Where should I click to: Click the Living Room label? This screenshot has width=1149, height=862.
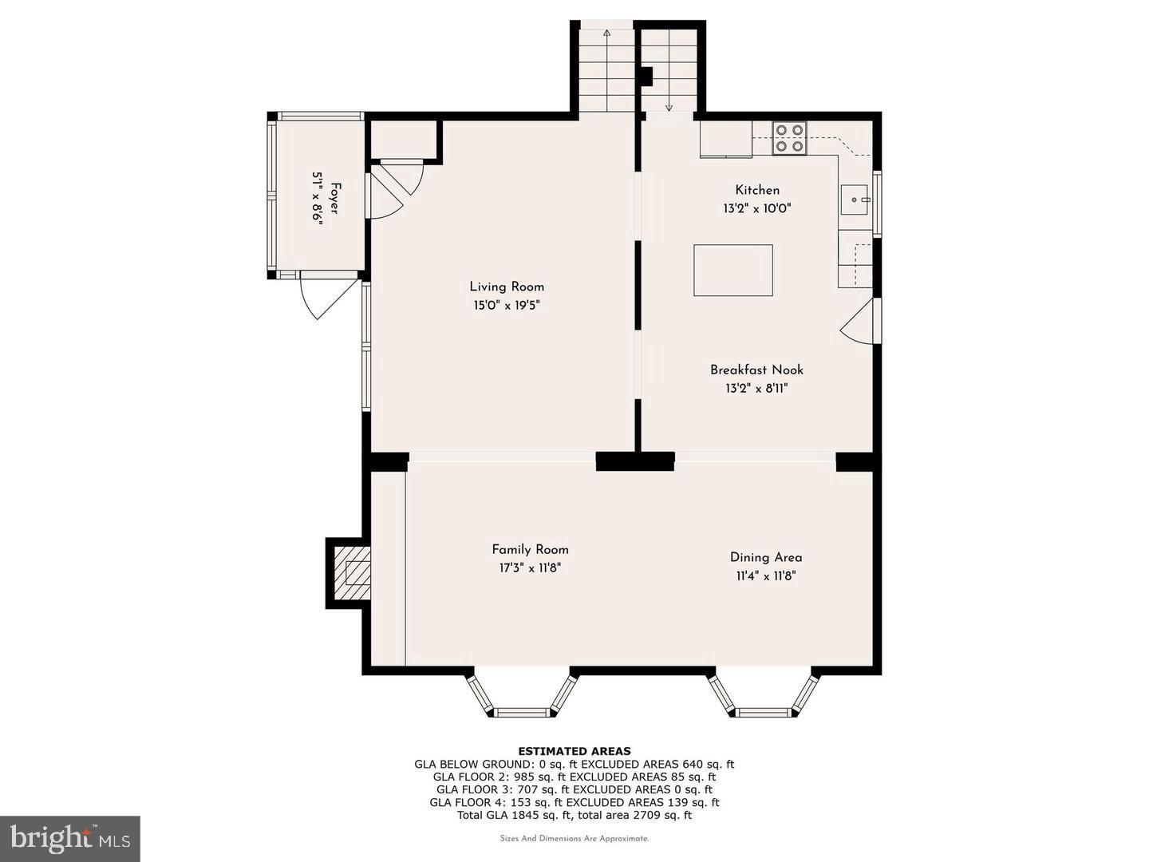[x=506, y=287]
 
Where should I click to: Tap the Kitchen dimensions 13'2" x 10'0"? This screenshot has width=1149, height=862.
[x=757, y=209]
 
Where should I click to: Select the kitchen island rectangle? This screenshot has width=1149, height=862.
[x=732, y=271]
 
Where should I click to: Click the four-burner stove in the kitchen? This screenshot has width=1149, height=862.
[x=789, y=137]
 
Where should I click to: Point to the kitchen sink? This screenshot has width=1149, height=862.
[x=854, y=200]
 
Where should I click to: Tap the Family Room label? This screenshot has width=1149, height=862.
[x=530, y=549]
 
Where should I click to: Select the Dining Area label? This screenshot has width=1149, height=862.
[x=765, y=557]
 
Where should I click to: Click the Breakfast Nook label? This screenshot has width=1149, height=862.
[x=756, y=370]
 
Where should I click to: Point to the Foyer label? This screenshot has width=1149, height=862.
[x=334, y=198]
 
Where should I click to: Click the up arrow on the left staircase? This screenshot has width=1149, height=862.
[x=606, y=34]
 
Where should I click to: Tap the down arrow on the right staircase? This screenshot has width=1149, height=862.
[x=669, y=106]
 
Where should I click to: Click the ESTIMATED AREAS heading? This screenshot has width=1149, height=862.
[x=574, y=751]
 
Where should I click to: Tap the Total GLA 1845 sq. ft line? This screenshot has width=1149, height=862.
[x=574, y=815]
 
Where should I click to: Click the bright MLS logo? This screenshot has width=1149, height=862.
[x=69, y=838]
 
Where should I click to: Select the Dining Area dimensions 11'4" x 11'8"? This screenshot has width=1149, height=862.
[x=765, y=576]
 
